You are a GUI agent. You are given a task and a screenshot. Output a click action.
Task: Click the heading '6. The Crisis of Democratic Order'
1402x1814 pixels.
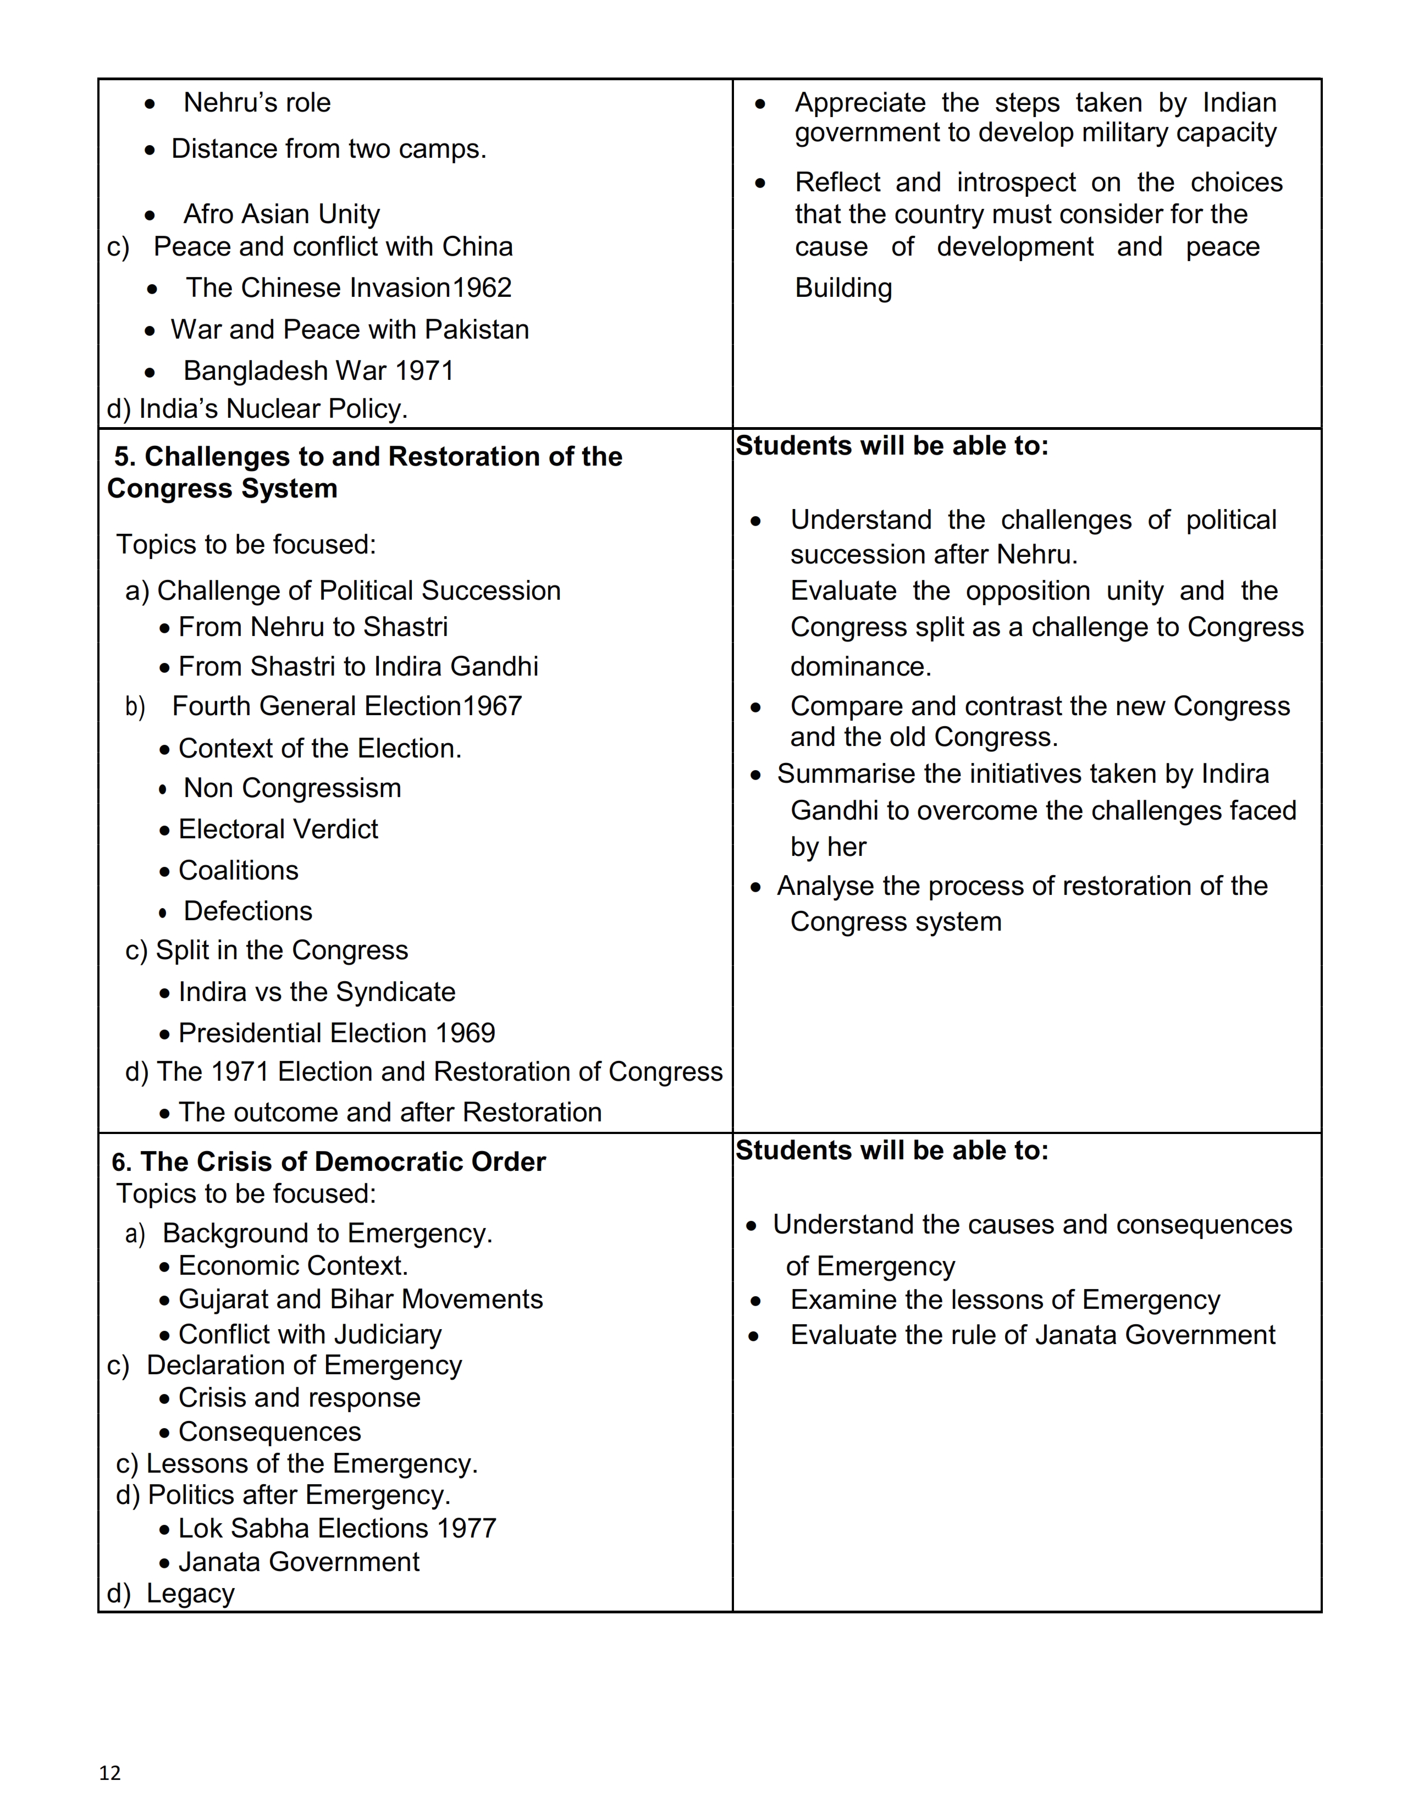coord(329,1161)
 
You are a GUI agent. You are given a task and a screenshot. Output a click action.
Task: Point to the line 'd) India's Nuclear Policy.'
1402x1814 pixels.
coord(257,408)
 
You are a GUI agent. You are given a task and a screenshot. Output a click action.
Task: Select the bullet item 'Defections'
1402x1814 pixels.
coord(247,911)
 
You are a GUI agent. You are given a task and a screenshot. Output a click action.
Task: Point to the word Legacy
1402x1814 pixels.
coord(190,1593)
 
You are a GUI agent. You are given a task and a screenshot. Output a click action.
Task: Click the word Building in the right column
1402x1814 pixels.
coord(843,287)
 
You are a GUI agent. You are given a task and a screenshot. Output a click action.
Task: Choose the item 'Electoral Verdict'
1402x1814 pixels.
coord(278,829)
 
